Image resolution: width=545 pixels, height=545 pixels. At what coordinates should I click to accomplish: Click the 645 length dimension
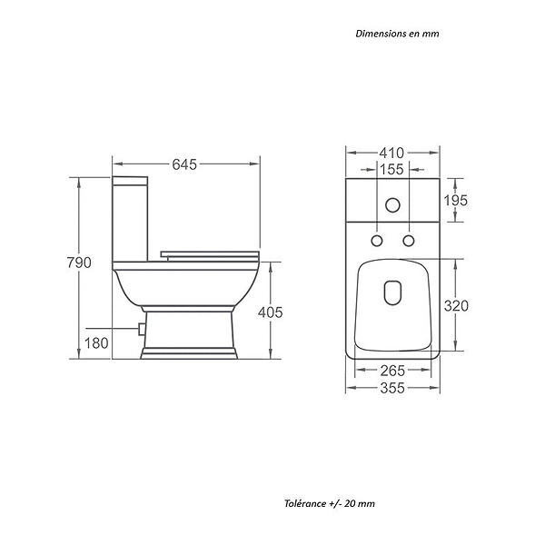(184, 164)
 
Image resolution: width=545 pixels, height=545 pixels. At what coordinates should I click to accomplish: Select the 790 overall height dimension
(79, 263)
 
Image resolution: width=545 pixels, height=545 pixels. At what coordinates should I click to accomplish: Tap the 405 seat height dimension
(270, 312)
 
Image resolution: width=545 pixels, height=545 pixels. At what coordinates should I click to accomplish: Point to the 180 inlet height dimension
(96, 343)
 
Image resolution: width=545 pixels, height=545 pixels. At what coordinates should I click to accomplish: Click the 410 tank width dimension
(391, 153)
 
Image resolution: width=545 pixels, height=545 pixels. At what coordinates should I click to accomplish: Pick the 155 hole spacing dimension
(391, 170)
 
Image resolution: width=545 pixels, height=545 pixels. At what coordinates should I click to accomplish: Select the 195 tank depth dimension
(456, 201)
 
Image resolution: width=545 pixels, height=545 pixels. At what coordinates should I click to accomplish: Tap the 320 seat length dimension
(456, 306)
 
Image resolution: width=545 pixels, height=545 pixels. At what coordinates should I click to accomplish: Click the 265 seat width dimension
(392, 371)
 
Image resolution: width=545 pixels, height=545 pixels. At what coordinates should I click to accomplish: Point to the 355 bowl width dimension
(392, 388)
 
